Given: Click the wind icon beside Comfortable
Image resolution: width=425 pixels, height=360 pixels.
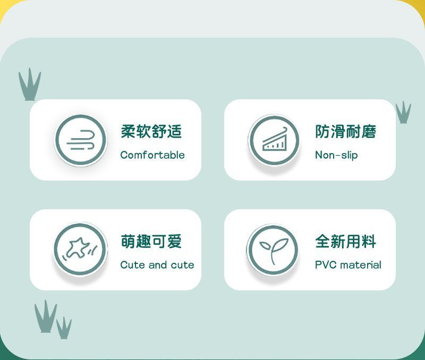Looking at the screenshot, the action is click(81, 140).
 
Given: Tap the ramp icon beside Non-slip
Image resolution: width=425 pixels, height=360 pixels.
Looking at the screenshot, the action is click(274, 140).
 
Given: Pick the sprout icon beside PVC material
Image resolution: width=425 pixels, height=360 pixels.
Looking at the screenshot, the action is click(273, 250).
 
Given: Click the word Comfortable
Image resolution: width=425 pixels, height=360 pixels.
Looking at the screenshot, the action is click(152, 155).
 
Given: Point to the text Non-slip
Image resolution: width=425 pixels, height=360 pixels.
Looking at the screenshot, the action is click(336, 155).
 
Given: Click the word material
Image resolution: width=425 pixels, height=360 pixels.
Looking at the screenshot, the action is click(361, 264).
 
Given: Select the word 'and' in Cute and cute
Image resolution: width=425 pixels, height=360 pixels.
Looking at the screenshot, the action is click(157, 264).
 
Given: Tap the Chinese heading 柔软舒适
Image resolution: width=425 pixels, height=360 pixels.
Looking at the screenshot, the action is click(151, 131).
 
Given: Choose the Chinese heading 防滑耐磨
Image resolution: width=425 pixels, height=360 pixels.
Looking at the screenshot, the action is click(346, 131).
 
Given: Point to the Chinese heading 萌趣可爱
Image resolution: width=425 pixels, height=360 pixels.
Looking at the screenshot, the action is click(151, 241).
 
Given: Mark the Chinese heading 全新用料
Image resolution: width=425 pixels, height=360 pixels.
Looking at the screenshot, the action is click(346, 241).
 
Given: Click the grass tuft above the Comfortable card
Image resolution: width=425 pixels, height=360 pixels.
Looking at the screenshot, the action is click(30, 85).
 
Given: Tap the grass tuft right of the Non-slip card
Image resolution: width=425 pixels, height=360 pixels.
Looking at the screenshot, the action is click(403, 113).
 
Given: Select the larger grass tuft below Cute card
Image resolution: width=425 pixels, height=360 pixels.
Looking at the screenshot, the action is click(46, 318).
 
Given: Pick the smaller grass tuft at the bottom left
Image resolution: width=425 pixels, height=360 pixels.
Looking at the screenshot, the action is click(64, 328).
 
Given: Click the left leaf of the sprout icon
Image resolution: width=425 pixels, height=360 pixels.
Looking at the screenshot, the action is click(265, 246).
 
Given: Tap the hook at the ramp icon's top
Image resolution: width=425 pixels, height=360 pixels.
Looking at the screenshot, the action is click(284, 129).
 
